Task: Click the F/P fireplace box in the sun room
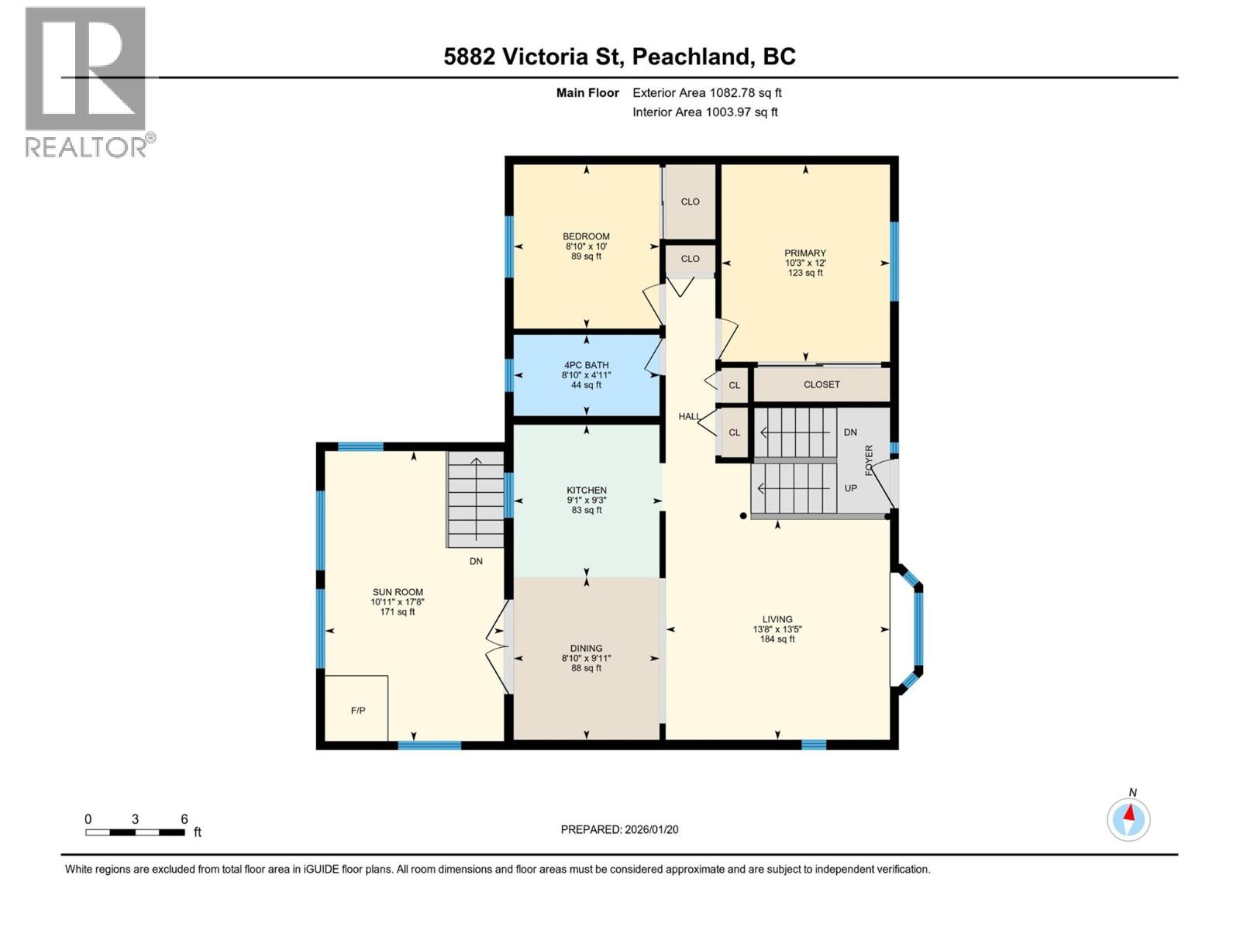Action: (x=356, y=708)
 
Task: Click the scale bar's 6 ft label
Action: (x=184, y=819)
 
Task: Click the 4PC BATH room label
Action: (x=586, y=365)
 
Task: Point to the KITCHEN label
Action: (x=586, y=491)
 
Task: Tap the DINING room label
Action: (x=586, y=649)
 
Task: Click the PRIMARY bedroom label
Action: (x=804, y=253)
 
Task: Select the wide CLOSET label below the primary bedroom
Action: (x=821, y=384)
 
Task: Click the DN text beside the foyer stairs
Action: (x=850, y=432)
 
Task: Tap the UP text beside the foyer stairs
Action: (x=850, y=488)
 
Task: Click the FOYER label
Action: (x=870, y=460)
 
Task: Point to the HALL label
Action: (x=689, y=417)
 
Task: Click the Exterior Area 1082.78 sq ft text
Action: (x=707, y=93)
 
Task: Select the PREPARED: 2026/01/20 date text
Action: (x=619, y=829)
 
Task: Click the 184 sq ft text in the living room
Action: (x=777, y=639)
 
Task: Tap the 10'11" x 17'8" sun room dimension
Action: (x=397, y=602)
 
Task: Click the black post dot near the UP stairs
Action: (x=743, y=515)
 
